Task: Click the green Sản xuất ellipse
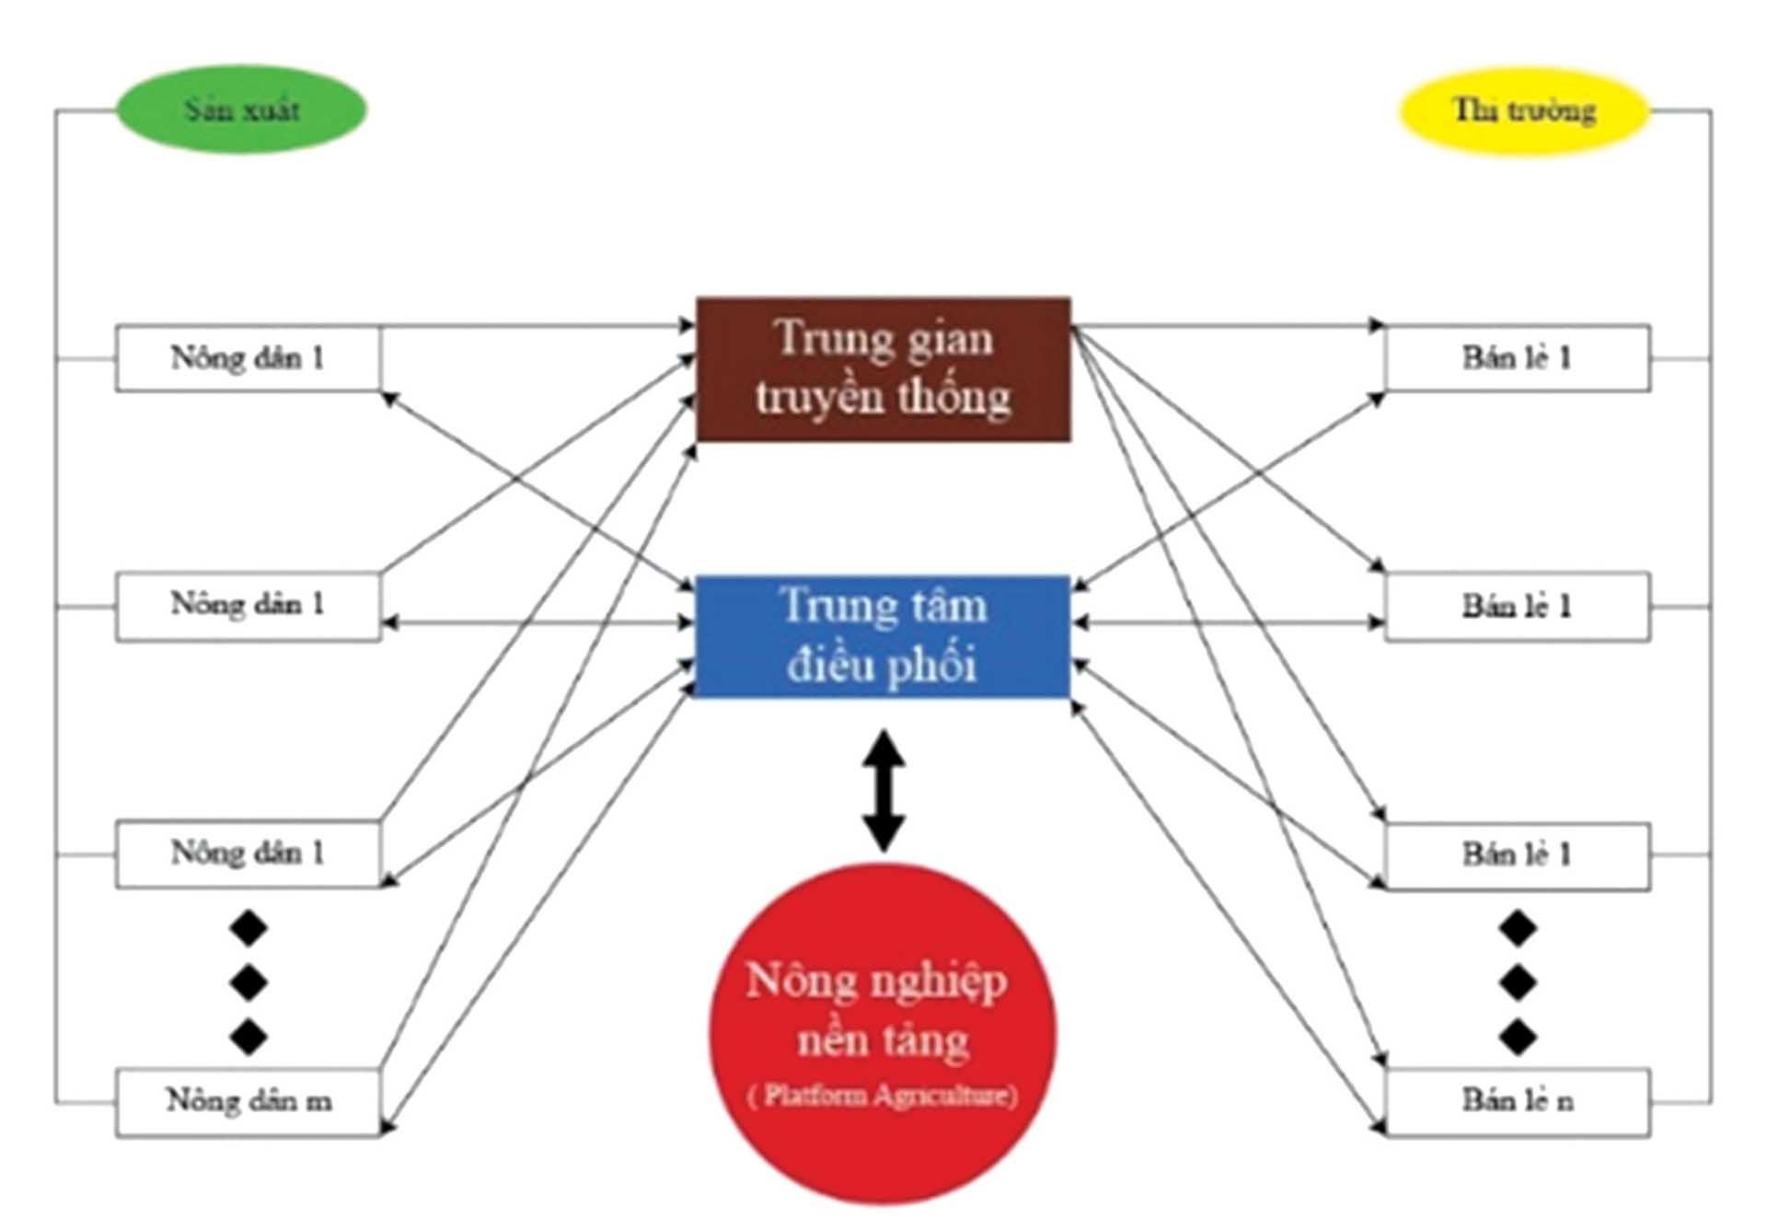(x=241, y=110)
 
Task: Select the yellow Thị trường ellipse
(x=1524, y=110)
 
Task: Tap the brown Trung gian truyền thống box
(x=883, y=368)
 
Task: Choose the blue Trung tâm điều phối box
(x=883, y=635)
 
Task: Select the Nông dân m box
(x=248, y=1102)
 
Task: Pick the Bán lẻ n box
(x=1518, y=1102)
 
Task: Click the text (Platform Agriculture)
(x=883, y=1096)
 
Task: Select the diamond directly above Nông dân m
(x=248, y=1037)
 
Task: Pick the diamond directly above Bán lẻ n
(x=1518, y=1037)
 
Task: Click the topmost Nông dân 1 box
(x=248, y=357)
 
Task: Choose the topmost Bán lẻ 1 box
(x=1518, y=357)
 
